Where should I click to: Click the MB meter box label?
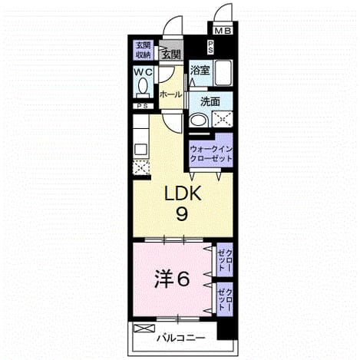point(223,31)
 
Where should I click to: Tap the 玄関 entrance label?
point(171,54)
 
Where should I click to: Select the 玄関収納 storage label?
point(144,51)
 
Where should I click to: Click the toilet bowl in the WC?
point(143,85)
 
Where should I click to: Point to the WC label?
point(144,72)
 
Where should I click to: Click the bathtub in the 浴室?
point(223,73)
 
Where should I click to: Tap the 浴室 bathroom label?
point(200,71)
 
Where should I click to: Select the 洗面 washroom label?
point(210,102)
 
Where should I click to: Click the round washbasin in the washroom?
point(198,121)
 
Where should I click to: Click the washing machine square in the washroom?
point(223,119)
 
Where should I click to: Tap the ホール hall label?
point(170,94)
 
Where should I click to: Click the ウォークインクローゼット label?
point(211,154)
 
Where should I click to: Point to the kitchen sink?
point(140,148)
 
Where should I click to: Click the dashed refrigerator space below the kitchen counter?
point(141,167)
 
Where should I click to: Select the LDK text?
point(183,193)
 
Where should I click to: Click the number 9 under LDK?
point(182,213)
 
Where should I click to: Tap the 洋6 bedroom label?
point(172,279)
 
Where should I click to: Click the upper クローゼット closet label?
point(225,260)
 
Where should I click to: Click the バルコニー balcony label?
point(181,339)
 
